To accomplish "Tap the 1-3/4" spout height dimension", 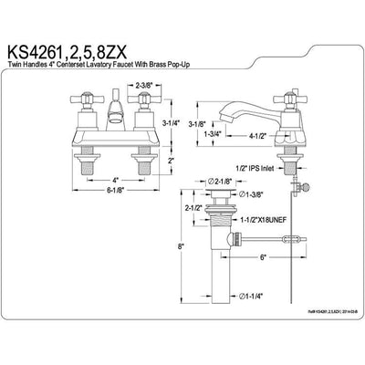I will [211, 134].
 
